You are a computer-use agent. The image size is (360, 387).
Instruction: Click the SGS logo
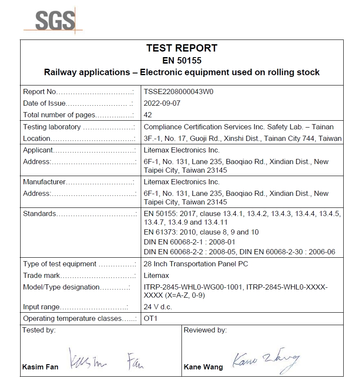coord(54,20)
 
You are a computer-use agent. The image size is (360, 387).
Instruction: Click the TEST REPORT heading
coord(182,48)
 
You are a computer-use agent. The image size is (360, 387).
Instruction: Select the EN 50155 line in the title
coord(182,61)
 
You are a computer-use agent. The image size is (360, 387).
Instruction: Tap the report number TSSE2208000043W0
coord(178,91)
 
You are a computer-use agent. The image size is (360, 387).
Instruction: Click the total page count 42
coord(148,115)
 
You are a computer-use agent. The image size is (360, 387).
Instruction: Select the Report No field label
coord(39,91)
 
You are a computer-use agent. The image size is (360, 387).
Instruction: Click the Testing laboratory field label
coord(52,127)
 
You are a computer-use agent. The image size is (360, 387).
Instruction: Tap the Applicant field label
coord(38,150)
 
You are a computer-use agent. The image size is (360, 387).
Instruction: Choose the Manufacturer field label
coord(44,182)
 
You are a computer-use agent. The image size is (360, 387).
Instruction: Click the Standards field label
coord(39,213)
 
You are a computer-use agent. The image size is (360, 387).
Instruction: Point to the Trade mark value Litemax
coord(157,275)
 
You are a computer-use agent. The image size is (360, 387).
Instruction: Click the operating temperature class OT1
coord(151,319)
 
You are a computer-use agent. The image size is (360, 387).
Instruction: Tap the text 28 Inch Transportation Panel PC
coord(196,264)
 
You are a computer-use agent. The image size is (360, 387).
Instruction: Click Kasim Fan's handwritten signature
coord(105,360)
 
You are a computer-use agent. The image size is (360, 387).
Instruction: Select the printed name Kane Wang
coord(203,367)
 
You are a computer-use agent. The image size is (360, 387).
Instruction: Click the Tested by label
coord(39,330)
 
